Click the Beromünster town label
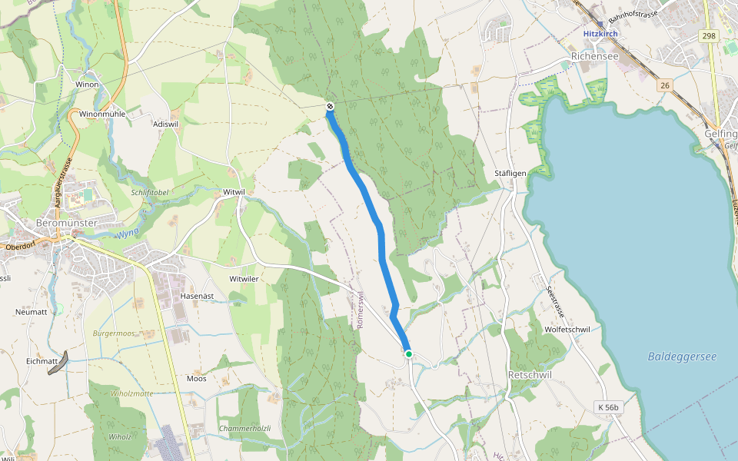(x=67, y=223)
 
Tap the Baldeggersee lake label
(x=681, y=357)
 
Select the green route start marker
(x=409, y=353)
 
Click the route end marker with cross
(x=330, y=106)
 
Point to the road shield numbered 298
(x=709, y=36)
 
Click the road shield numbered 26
(x=665, y=85)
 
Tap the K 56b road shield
(x=608, y=406)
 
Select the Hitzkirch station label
(x=600, y=34)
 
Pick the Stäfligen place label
(x=510, y=173)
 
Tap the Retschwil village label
(x=530, y=374)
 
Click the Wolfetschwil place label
(x=567, y=330)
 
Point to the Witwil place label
(x=233, y=191)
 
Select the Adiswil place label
(x=165, y=124)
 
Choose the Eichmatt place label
(x=42, y=360)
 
